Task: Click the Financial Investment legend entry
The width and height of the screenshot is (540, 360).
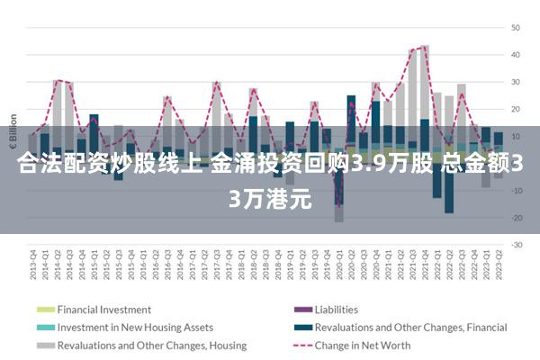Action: point(104,310)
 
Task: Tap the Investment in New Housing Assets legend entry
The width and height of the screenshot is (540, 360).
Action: point(135,328)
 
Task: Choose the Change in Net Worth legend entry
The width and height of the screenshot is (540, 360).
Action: point(363,345)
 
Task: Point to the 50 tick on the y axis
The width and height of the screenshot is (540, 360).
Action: point(517,28)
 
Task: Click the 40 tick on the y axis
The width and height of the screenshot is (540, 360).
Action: point(517,55)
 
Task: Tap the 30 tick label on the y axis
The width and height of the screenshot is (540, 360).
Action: point(517,82)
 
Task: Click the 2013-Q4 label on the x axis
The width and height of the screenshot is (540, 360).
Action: point(33,261)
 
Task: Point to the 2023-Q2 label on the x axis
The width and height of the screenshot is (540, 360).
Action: point(498,261)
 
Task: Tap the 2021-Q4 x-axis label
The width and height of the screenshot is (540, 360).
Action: point(425,261)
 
